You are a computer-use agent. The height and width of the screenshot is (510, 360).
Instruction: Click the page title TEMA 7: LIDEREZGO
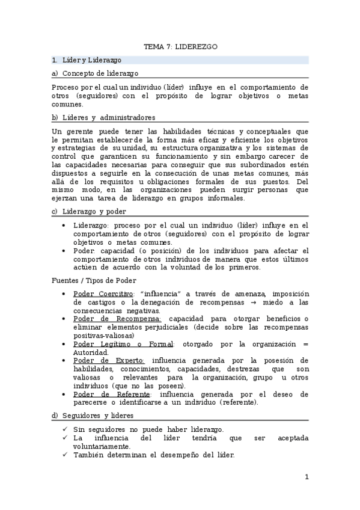pos(180,46)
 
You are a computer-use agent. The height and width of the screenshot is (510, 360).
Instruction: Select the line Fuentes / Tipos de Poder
pos(93,280)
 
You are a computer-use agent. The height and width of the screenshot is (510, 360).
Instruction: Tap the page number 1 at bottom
pos(307,478)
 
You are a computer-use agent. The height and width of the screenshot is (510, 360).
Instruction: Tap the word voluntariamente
pos(101,447)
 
